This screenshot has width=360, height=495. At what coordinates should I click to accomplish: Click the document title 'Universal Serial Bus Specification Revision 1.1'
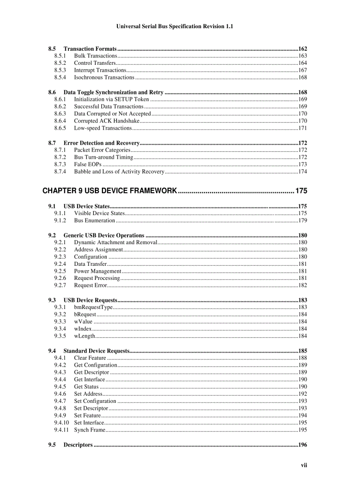[174, 26]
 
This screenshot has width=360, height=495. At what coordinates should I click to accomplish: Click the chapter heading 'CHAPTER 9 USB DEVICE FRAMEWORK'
[110, 191]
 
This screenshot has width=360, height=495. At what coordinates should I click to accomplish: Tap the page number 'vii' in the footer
[304, 465]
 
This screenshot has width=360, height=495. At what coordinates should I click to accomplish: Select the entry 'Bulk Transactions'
[95, 56]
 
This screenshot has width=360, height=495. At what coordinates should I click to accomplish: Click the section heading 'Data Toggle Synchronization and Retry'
[113, 93]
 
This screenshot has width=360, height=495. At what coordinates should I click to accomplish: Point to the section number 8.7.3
[60, 164]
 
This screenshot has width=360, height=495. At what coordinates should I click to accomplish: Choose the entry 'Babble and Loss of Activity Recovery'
[119, 171]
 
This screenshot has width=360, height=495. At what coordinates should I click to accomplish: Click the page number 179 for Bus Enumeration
[303, 220]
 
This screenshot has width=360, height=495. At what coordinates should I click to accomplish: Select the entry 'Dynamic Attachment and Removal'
[116, 242]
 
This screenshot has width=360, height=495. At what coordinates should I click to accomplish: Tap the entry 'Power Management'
[97, 271]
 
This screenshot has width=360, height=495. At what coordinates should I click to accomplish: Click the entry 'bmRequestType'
[94, 307]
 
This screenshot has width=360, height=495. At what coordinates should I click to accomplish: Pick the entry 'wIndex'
[83, 329]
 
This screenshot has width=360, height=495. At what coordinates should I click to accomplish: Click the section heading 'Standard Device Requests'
[96, 351]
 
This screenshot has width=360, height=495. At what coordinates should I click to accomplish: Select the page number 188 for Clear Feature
[303, 358]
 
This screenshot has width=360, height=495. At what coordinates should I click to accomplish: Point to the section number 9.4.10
[62, 423]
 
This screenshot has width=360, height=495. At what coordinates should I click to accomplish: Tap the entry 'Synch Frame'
[90, 430]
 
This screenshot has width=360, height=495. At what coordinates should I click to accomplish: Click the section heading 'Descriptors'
[78, 445]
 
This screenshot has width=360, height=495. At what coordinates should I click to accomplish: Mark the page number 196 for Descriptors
[303, 445]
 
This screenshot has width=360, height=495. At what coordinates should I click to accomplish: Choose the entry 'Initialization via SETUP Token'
[111, 99]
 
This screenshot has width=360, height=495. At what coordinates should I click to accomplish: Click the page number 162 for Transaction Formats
[303, 49]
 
